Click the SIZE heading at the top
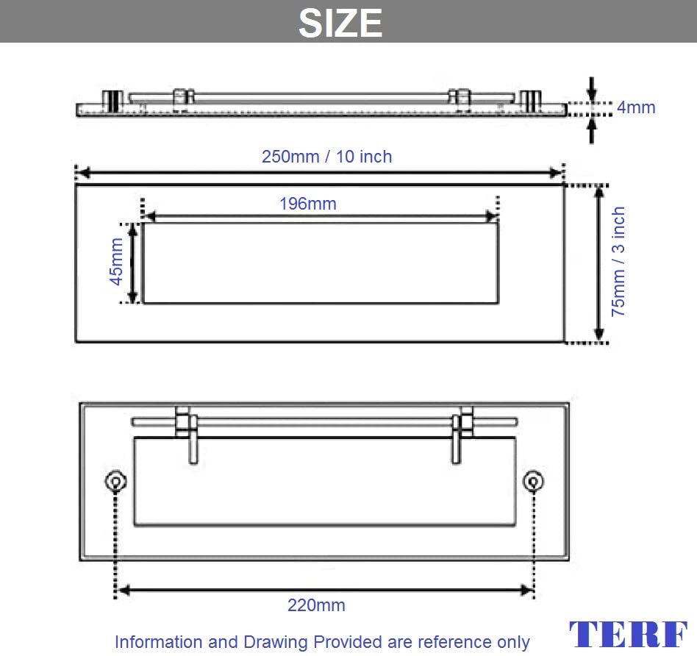340,23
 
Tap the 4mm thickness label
636,107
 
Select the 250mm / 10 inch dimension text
326,157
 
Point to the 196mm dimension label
307,204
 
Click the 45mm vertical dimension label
116,262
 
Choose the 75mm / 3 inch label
618,262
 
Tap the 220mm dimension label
316,605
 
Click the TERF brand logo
628,634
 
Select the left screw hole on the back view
115,481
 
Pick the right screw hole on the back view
534,481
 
